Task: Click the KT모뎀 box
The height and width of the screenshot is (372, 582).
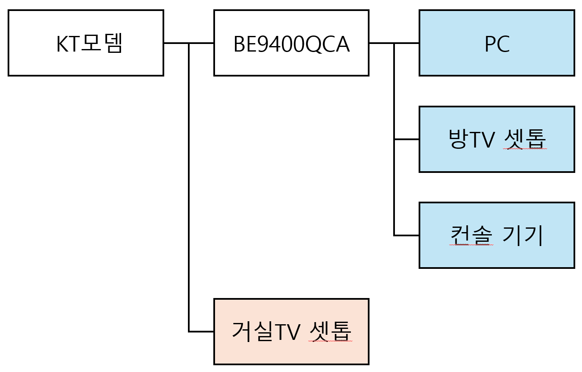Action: coord(86,43)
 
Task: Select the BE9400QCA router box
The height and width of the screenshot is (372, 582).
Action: coord(291,43)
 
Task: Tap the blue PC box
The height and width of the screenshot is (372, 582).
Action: coord(497,43)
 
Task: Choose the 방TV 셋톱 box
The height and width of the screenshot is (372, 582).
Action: coord(497,139)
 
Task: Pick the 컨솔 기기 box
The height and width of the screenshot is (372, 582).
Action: coord(497,235)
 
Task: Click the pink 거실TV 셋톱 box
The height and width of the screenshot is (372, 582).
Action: coord(291,331)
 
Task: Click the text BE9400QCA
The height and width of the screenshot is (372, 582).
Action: coord(292,44)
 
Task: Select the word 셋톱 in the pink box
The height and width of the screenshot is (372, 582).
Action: coord(330,331)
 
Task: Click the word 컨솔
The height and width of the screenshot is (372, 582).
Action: coord(471,235)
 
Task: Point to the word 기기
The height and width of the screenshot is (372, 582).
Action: coord(522,235)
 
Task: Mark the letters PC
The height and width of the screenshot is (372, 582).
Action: coord(497,44)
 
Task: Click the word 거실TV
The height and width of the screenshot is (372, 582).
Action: coord(266,331)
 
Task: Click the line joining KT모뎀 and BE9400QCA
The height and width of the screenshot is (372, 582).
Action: coord(189,43)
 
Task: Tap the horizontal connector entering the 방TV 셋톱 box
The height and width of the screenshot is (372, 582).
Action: coord(406,139)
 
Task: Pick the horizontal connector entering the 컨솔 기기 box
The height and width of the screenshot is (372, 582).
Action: coord(406,235)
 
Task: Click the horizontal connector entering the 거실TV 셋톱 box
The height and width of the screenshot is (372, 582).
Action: coord(201,331)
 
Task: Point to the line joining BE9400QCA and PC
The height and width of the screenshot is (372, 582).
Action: coord(394,43)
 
